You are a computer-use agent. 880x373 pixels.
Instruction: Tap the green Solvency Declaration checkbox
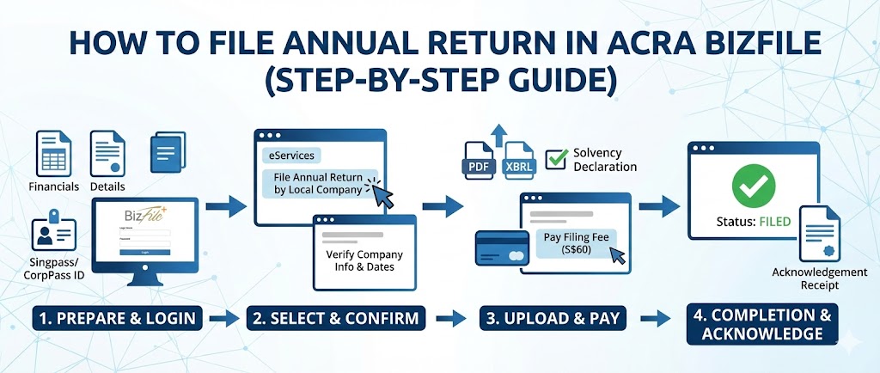558,158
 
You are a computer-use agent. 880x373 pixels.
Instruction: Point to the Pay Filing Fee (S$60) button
572,242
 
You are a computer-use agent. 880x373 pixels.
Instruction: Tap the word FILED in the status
776,222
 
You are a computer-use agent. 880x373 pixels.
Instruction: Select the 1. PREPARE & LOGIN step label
117,318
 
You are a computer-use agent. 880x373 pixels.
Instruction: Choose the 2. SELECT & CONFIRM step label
336,318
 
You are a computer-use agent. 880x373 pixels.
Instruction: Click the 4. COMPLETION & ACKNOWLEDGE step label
761,324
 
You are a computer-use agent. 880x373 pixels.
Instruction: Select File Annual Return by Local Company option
318,183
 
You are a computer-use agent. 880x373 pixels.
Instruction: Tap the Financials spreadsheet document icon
52,153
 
